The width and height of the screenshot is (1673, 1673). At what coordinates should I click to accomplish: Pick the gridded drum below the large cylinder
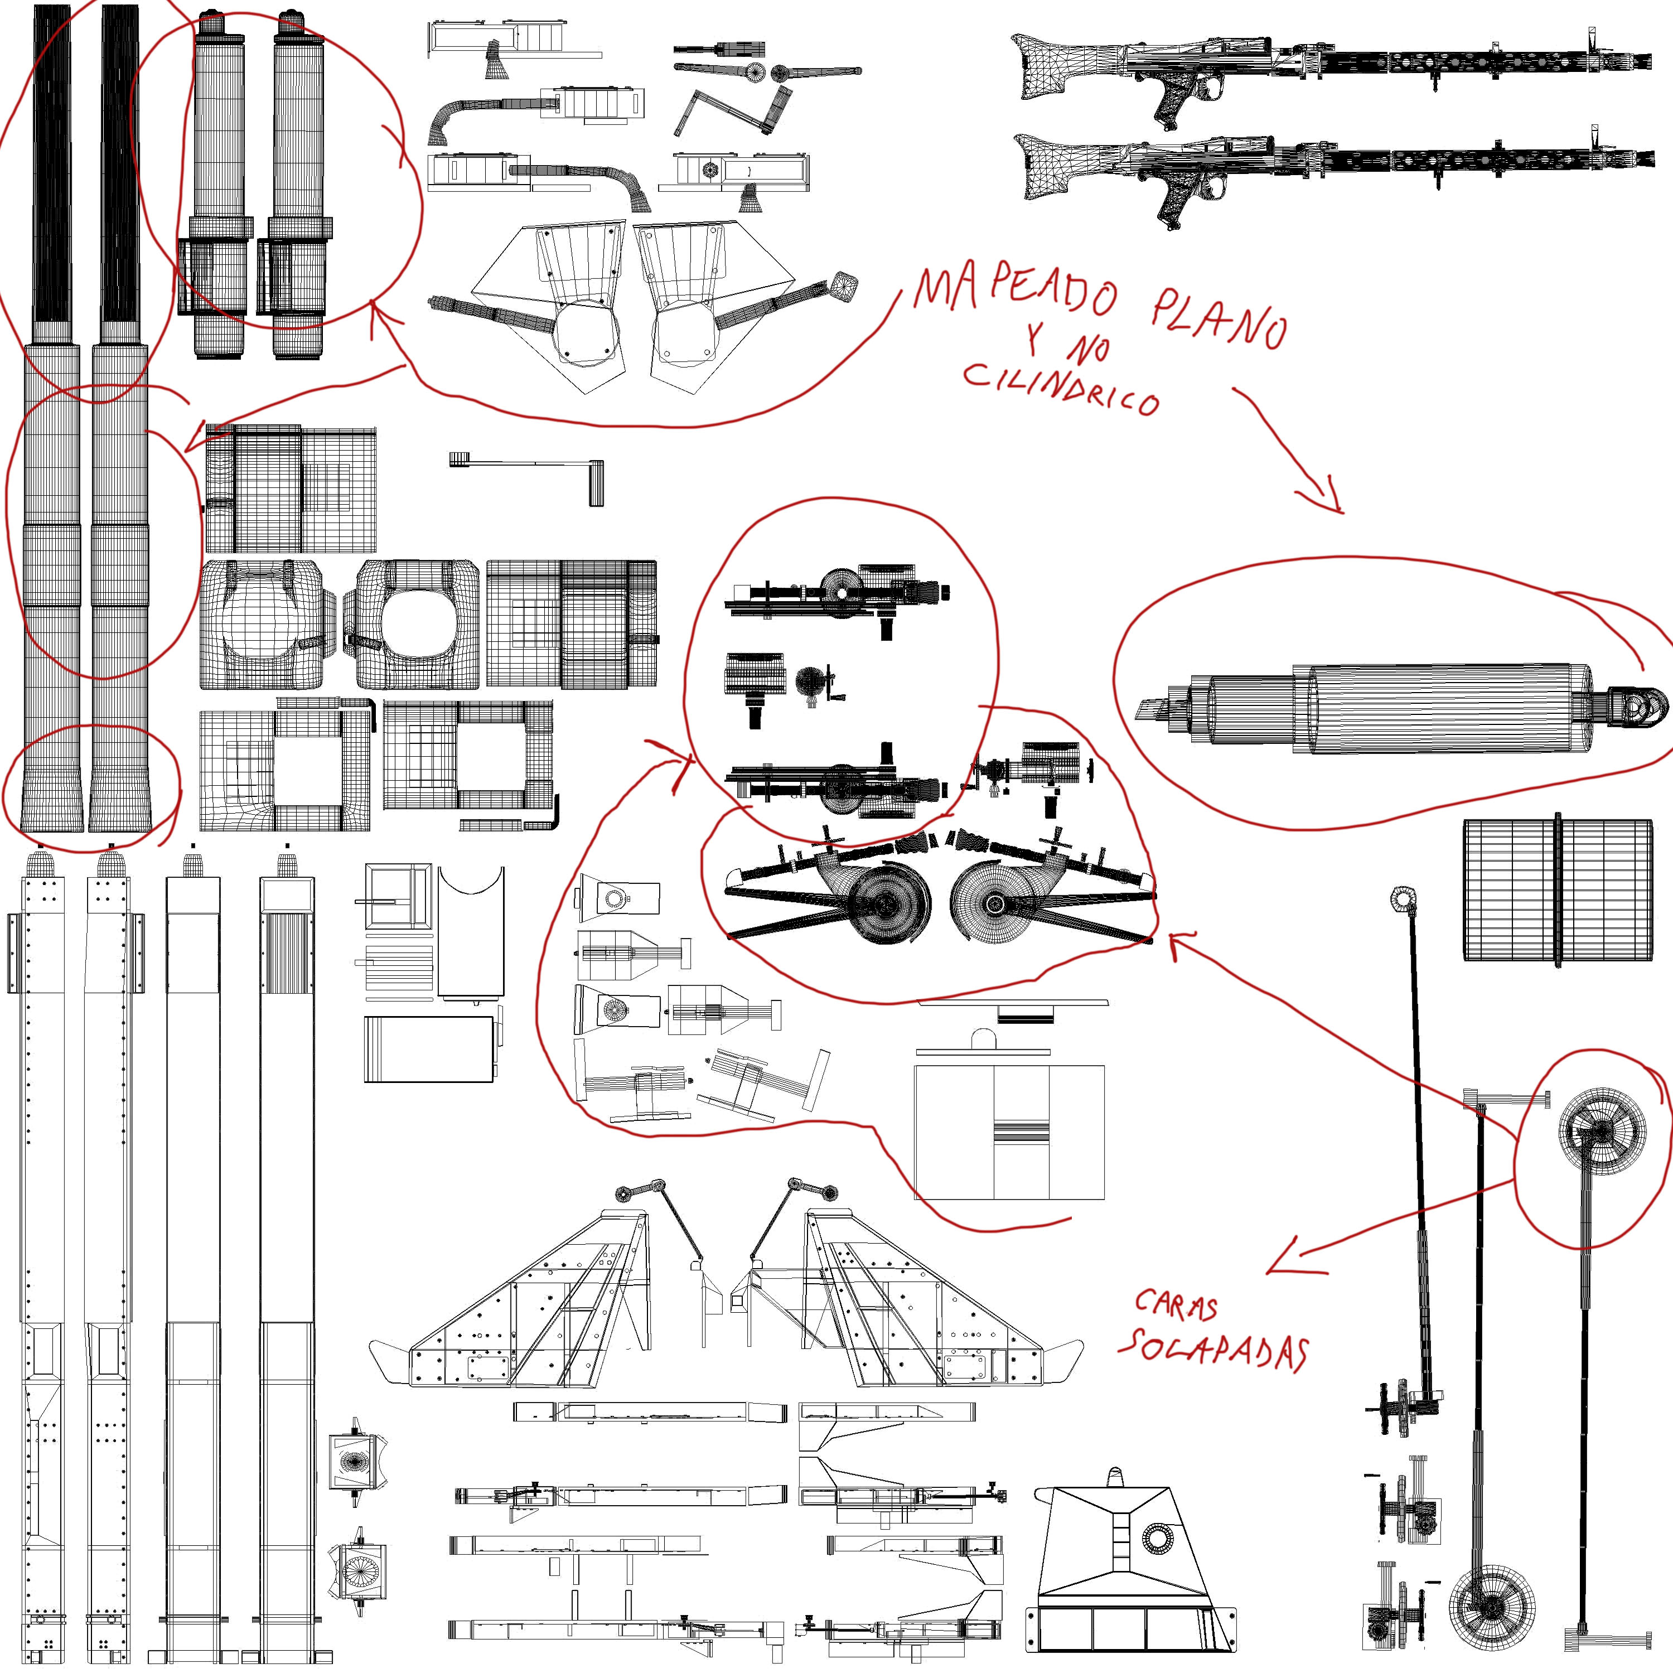click(x=1556, y=889)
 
